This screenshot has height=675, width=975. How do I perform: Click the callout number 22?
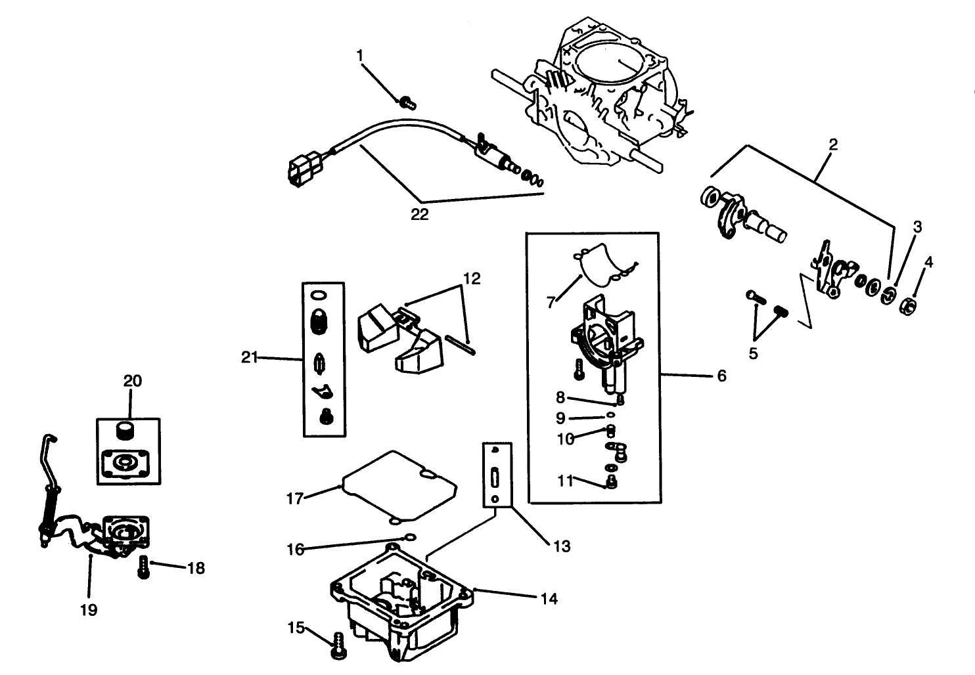(419, 214)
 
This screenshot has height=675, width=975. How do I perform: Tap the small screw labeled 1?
(407, 102)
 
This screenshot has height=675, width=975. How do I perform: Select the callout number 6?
(721, 376)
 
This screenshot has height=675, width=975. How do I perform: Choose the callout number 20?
(132, 381)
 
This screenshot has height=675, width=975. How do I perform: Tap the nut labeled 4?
(907, 305)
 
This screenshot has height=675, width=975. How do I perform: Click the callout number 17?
(295, 498)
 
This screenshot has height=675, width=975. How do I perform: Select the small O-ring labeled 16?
(409, 537)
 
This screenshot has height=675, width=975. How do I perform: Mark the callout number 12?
(471, 278)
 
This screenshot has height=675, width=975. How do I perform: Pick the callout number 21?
(249, 357)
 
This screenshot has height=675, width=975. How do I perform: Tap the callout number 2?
(832, 144)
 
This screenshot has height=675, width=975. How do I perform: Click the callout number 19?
(88, 610)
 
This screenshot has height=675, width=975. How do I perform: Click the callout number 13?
(562, 546)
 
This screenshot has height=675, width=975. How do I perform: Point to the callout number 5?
(753, 353)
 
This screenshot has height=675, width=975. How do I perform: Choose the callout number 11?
(565, 480)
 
